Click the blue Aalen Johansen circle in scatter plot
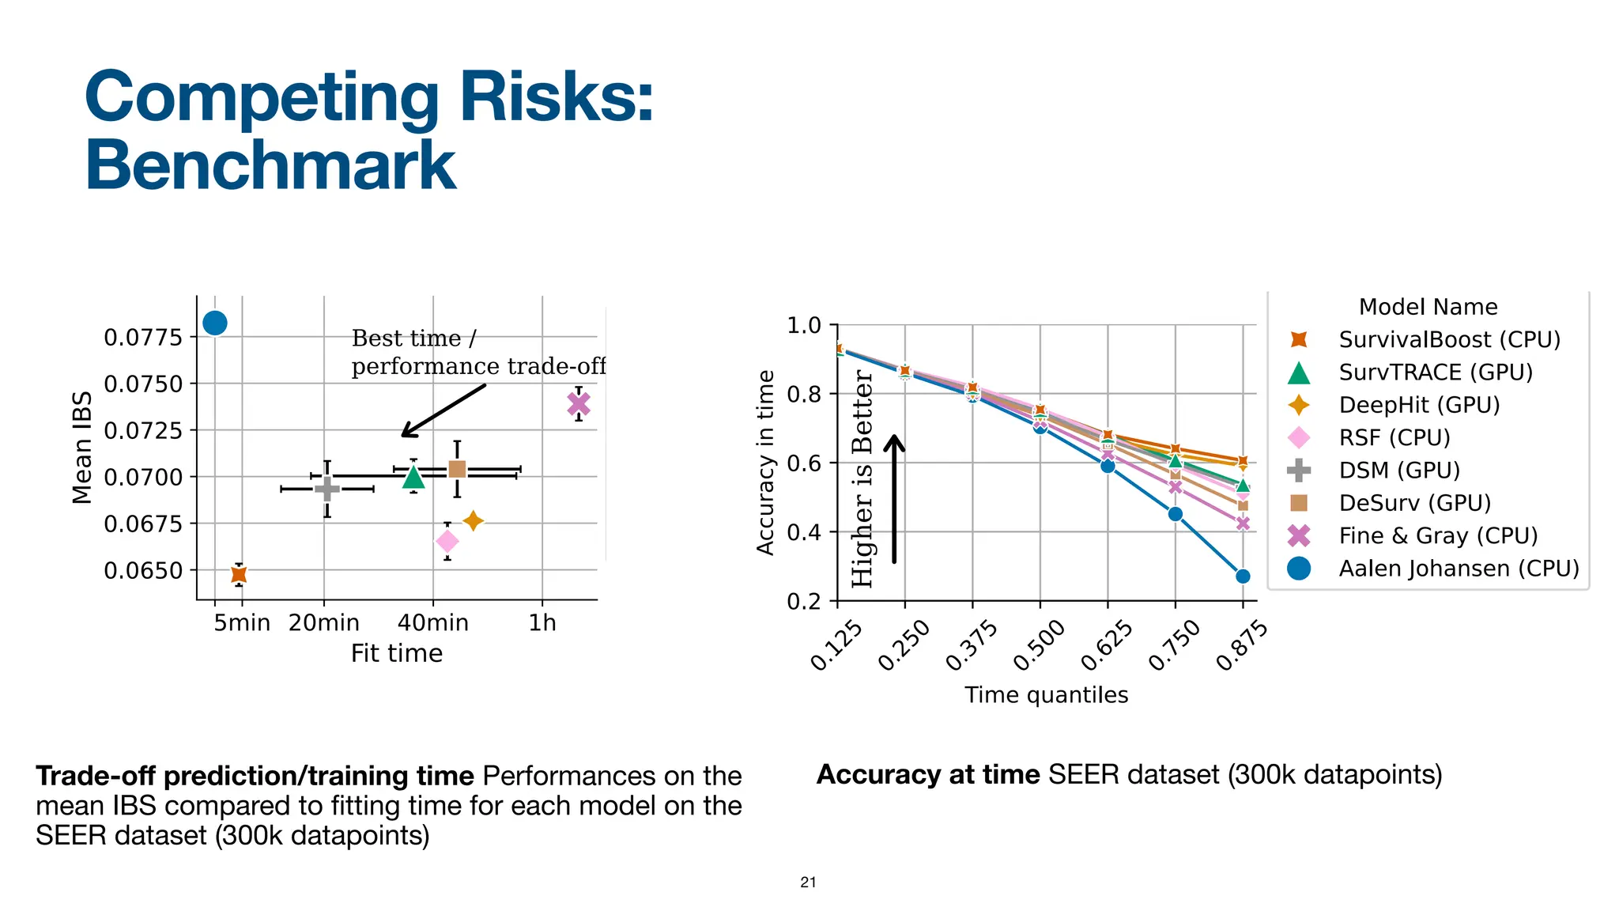[x=215, y=323]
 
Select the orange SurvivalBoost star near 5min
[x=239, y=574]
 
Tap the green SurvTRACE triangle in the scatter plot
[x=413, y=477]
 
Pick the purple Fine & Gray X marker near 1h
[x=579, y=404]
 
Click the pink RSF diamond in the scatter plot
[x=447, y=542]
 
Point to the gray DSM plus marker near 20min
[x=327, y=489]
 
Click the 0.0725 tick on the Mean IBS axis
[x=143, y=431]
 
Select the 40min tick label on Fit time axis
[x=432, y=623]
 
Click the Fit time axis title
[x=396, y=654]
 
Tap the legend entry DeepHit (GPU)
[x=1419, y=405]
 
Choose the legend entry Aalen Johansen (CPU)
[x=1459, y=569]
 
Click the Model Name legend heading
[x=1428, y=307]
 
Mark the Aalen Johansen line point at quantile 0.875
[x=1243, y=576]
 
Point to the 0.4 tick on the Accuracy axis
[x=804, y=532]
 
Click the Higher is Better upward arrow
[x=894, y=498]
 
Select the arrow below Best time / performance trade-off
[x=443, y=410]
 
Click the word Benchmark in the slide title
[x=270, y=165]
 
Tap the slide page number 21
[x=808, y=883]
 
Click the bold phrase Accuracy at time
[x=928, y=774]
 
